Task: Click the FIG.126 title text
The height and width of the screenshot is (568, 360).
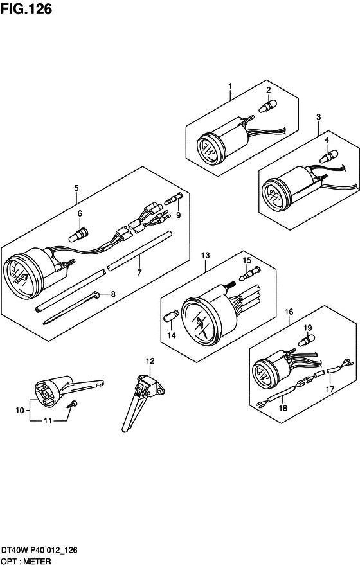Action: (26, 9)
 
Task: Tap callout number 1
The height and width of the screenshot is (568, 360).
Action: (230, 86)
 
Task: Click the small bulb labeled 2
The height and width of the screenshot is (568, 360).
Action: (267, 106)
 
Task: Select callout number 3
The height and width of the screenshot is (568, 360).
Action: (318, 117)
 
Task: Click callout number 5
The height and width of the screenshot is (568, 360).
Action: (76, 188)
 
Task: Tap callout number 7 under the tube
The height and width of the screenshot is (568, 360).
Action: (139, 272)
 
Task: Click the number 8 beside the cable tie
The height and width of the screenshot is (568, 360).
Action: (113, 294)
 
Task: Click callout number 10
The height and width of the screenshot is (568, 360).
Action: (19, 410)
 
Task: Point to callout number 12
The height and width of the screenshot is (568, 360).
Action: (150, 361)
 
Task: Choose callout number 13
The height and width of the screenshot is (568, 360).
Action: (205, 255)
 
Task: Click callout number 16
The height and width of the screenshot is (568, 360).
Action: (289, 312)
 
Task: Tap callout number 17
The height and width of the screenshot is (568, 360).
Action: (330, 389)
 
